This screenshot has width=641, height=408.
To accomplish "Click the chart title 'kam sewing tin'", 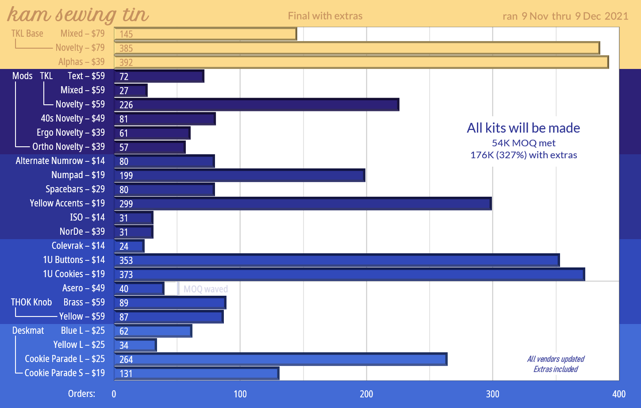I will point(78,15).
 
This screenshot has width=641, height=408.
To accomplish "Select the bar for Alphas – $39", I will point(361,62).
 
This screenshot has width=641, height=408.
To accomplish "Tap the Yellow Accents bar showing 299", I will point(303,204).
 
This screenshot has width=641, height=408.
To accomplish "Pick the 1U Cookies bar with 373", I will point(349,275).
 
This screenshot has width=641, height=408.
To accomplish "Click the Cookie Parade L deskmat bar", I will point(280,359).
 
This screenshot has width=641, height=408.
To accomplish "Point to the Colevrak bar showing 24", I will point(129,246).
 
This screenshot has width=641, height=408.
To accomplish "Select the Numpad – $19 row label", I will point(78,175).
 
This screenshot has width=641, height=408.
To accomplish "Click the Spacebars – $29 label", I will point(75,189).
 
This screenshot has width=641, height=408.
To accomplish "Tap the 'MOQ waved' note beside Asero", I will point(206,289).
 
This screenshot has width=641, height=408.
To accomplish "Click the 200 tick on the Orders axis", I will point(366,394).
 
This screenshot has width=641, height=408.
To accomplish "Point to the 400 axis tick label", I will point(618,394).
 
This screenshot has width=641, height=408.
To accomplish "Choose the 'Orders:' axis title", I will point(81,394).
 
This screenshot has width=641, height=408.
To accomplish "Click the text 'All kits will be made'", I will point(523,128).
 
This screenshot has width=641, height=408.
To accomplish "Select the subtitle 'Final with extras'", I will point(325,16).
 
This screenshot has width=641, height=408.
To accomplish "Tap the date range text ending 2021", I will point(565,16).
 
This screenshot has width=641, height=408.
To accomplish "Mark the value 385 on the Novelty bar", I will point(126,48).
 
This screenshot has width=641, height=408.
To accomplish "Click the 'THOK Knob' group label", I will point(31,302).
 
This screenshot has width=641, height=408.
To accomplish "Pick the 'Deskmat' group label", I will point(28,331).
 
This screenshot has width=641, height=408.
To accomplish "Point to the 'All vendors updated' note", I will point(556,359).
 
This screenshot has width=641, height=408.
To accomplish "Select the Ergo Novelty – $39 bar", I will point(152,133).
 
